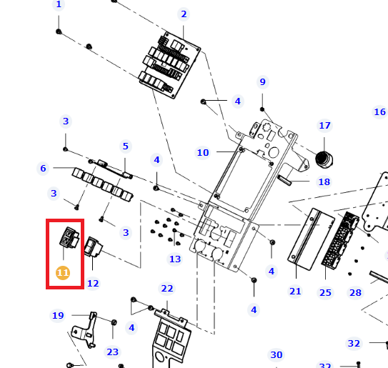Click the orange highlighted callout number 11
[63, 273]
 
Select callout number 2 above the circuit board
[184, 14]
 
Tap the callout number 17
[324, 126]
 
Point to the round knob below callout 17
[324, 159]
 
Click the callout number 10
[203, 152]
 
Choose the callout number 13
[175, 259]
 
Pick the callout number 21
[295, 292]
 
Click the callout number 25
[325, 293]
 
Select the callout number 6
[43, 169]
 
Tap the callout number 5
[126, 146]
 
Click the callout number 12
[93, 284]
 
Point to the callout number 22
[167, 288]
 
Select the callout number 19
[58, 316]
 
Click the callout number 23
[113, 352]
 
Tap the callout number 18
[324, 182]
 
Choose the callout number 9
[262, 81]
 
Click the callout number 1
[59, 4]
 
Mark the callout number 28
[355, 293]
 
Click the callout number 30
[276, 355]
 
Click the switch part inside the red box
[69, 237]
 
